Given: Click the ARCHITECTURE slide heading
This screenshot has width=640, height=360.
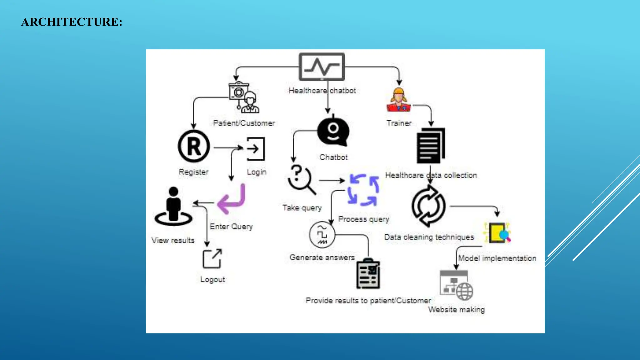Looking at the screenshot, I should [x=72, y=22].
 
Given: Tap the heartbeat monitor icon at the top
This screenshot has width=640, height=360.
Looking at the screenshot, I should [x=322, y=67].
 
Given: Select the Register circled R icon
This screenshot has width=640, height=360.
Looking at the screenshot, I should [x=194, y=146].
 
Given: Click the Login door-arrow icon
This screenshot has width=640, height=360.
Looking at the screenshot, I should [x=256, y=149].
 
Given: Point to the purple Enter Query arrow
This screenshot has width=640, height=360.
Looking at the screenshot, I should [x=232, y=199].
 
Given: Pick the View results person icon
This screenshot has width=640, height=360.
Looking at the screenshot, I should [x=173, y=207].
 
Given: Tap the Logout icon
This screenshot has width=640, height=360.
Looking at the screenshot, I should [x=212, y=259].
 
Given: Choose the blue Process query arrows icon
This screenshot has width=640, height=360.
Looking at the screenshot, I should [x=363, y=190].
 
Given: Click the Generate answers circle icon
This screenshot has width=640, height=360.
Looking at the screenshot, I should [x=322, y=235].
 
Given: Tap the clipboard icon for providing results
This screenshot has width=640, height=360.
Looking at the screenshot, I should [x=368, y=274].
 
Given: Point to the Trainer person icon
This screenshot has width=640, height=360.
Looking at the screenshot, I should [x=398, y=100].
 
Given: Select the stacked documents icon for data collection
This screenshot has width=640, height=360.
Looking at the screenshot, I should [x=431, y=145].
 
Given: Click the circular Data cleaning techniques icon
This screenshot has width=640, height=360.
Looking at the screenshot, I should [x=428, y=206].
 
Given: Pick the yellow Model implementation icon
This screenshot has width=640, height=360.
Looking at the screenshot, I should [x=497, y=233].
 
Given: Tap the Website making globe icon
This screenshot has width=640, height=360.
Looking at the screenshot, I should [x=457, y=285].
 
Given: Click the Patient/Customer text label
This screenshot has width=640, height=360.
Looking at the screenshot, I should [x=244, y=123].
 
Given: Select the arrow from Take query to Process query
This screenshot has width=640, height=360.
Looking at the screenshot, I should [x=331, y=180].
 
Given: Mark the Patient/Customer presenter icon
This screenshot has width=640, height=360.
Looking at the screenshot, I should [x=244, y=97].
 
